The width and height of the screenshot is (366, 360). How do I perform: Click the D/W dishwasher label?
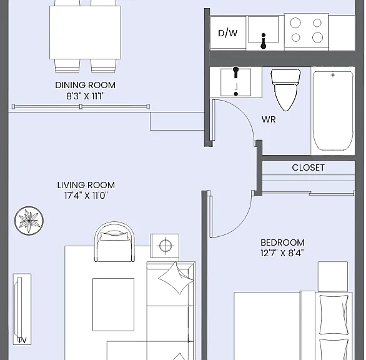(x=227, y=33)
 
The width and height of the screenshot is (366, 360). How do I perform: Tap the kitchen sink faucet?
(x=264, y=41)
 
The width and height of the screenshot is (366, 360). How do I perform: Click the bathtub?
(x=333, y=111)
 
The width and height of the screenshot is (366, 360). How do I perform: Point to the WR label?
(x=269, y=119)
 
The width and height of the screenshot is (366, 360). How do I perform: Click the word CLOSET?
(x=308, y=167)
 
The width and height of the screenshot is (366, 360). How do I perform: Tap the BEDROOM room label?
(x=282, y=242)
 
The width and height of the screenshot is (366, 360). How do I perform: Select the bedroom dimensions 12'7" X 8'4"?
(x=282, y=253)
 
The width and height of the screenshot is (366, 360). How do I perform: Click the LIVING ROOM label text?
(x=86, y=185)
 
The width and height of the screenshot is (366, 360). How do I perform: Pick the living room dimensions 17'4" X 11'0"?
(x=86, y=196)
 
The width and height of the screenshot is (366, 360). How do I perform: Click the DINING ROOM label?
(x=85, y=85)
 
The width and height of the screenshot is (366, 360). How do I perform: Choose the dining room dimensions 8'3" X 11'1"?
(x=86, y=96)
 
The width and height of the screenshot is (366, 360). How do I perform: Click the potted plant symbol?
(x=29, y=220)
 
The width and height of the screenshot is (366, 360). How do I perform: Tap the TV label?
(x=22, y=341)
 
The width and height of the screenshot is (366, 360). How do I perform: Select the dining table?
(x=85, y=32)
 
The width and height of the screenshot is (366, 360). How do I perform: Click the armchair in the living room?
(x=114, y=241)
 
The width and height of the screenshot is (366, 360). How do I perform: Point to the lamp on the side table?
(x=166, y=246)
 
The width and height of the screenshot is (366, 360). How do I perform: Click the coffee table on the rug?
(x=114, y=304)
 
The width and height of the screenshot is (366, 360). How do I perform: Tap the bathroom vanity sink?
(x=235, y=82)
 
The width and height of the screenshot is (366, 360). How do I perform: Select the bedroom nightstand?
(x=333, y=277)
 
